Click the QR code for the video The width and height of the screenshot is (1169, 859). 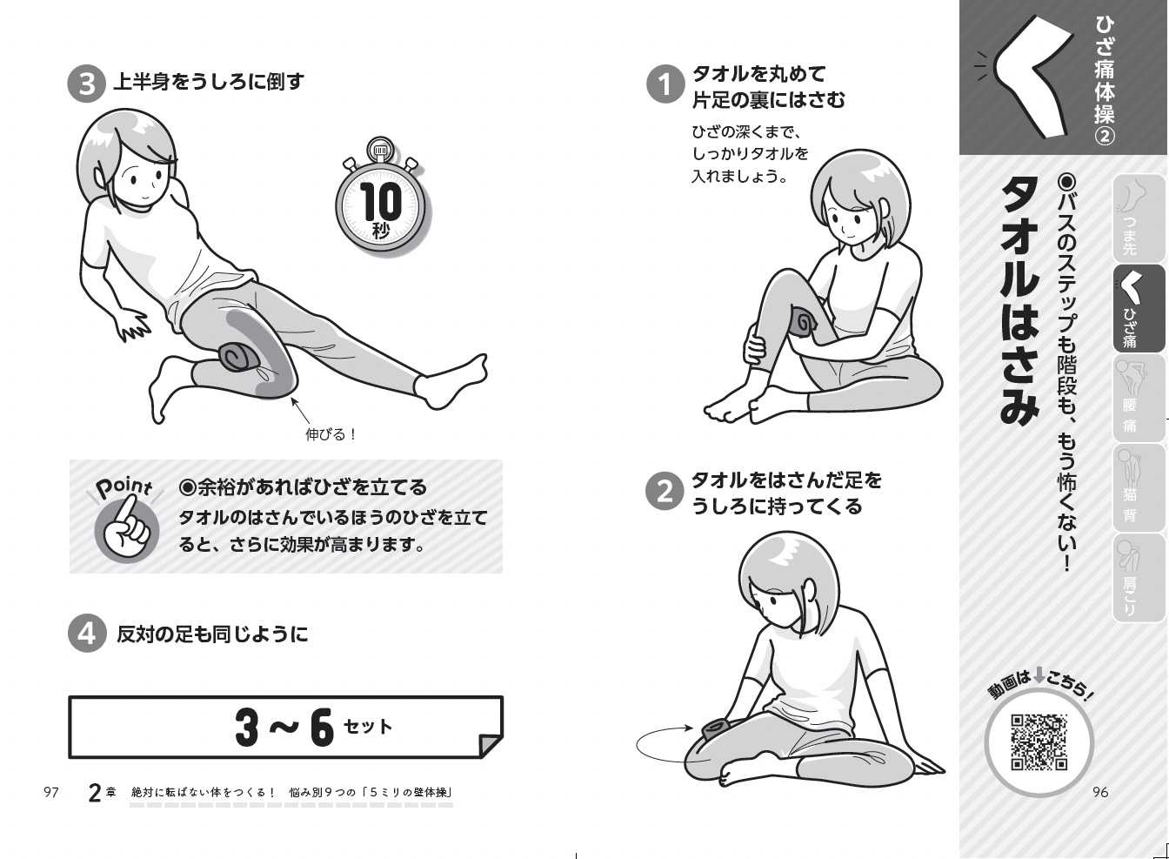pos(1039,742)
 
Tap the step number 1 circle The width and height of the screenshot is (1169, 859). pos(665,84)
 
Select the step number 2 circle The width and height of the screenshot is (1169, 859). pos(665,491)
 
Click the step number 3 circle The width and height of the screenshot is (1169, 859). pos(87,84)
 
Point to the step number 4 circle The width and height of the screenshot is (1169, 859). pos(87,634)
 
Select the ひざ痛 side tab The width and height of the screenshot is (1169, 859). pos(1139,309)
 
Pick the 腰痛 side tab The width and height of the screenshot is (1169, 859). pos(1139,399)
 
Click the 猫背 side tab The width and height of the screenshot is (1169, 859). pos(1139,487)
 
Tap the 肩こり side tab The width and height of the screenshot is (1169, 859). pos(1139,578)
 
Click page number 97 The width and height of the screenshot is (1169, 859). pos(51,793)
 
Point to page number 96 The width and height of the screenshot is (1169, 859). pos(1100,792)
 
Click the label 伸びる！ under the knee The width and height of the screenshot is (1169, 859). pos(331,434)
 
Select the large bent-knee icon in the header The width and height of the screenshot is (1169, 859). pos(1023,78)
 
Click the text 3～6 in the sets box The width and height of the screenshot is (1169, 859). pos(284,727)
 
